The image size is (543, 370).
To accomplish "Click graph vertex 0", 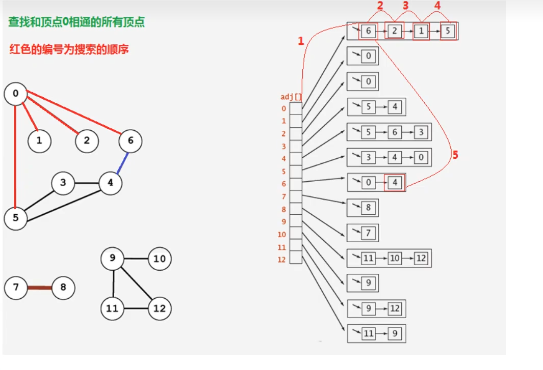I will (16, 94).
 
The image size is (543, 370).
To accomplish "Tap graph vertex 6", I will (131, 141).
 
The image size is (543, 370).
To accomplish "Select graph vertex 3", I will (63, 183).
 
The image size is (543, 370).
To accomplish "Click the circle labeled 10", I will (160, 259).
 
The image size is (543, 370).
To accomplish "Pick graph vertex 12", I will (160, 308).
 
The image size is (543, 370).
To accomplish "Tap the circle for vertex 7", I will (16, 288).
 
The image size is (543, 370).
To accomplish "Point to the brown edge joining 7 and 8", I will (40, 288).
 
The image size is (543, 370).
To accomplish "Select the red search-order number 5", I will (455, 155).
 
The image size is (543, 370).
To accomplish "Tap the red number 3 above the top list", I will (406, 7).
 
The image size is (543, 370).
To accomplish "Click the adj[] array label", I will (291, 97).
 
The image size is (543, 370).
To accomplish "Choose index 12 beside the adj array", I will (282, 260).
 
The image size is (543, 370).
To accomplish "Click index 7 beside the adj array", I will (283, 196).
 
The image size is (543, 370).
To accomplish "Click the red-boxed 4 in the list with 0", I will (395, 182).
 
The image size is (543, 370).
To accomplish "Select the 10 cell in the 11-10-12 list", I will (395, 258).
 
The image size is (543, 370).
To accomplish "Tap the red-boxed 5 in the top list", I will (448, 31).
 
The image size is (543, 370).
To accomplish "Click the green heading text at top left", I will (76, 22).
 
